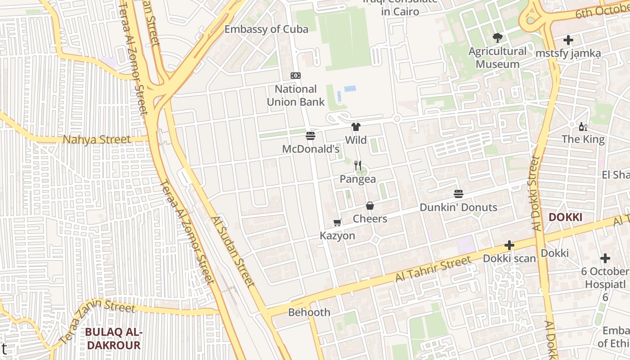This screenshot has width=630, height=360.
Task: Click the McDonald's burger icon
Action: click(x=310, y=136)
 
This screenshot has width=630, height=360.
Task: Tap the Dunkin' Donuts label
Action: click(x=458, y=207)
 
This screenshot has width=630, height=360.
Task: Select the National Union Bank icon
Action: click(x=295, y=76)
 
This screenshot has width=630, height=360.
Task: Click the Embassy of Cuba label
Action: click(x=266, y=30)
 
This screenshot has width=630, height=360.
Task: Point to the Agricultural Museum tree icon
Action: click(x=497, y=37)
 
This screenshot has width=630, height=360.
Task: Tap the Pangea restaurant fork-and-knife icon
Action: click(x=358, y=166)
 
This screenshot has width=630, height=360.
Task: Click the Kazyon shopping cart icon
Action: click(x=337, y=222)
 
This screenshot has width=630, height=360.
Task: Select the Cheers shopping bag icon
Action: click(x=370, y=206)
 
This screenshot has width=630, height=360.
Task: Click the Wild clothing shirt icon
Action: click(x=356, y=127)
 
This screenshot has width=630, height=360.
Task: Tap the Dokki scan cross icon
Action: click(x=509, y=245)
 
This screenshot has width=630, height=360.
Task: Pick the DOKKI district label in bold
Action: click(x=565, y=217)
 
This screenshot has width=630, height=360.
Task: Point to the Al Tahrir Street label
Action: click(x=433, y=269)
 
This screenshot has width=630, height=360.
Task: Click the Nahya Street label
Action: click(x=97, y=139)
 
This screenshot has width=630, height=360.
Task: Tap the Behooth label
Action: click(x=309, y=312)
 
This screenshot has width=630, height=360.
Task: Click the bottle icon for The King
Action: click(x=583, y=126)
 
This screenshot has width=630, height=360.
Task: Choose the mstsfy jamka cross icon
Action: click(x=568, y=40)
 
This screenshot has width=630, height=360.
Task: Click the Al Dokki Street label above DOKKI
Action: click(x=535, y=193)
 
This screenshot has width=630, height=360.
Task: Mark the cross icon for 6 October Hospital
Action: click(x=605, y=258)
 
